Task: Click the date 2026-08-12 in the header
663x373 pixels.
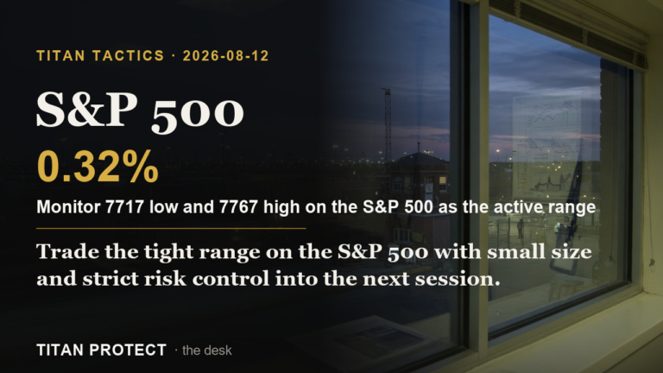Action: (x=226, y=56)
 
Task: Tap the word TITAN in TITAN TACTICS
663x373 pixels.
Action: (x=61, y=56)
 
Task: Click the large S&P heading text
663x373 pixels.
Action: (x=86, y=110)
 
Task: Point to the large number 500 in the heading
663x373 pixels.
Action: (x=198, y=112)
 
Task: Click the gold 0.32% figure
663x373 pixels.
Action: (x=98, y=167)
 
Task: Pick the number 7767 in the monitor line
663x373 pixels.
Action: (x=238, y=207)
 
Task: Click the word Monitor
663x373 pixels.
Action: (x=68, y=207)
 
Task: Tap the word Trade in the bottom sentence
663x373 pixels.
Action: (x=67, y=251)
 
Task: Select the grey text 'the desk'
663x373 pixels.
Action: (x=207, y=351)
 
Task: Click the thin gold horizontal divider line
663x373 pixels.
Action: (x=171, y=228)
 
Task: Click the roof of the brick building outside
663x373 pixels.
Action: (x=420, y=160)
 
